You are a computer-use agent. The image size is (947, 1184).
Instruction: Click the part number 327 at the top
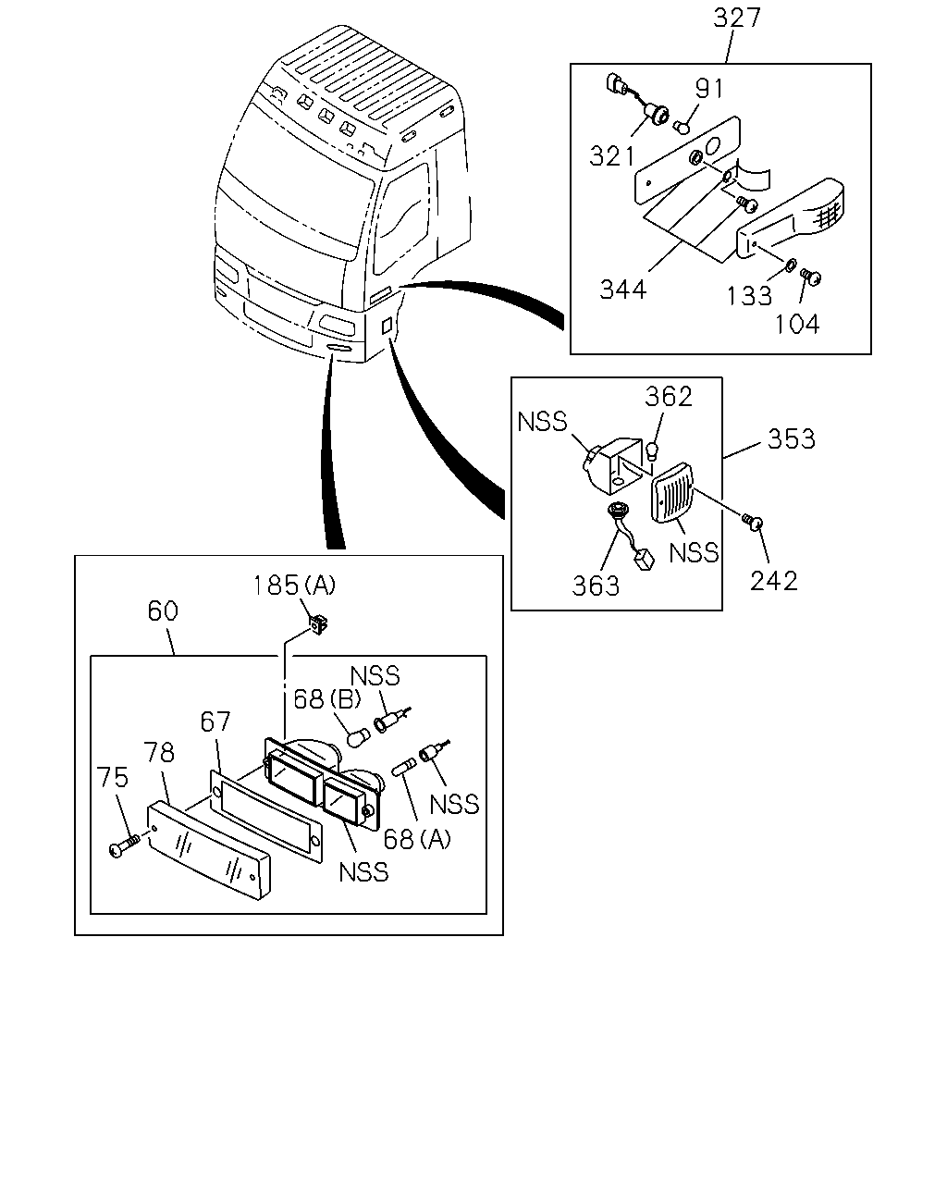(737, 18)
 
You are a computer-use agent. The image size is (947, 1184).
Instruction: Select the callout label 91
(709, 88)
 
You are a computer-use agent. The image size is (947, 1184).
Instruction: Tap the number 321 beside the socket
(612, 156)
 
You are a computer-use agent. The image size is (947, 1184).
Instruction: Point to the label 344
(622, 290)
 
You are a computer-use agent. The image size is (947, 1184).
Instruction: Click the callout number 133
(749, 296)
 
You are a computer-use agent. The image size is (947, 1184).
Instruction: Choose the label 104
(797, 324)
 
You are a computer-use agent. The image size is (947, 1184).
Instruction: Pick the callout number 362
(668, 396)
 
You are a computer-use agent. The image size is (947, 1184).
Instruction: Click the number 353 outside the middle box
(791, 439)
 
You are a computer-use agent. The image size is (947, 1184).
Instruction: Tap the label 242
(774, 581)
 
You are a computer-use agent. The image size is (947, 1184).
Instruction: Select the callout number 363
(596, 586)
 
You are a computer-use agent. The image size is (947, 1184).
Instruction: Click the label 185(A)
(294, 586)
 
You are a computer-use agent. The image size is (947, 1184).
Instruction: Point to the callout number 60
(163, 610)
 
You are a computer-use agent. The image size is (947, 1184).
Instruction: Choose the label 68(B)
(327, 699)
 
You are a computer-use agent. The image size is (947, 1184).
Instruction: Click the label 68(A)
(417, 839)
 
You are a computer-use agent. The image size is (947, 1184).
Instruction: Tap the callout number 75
(112, 777)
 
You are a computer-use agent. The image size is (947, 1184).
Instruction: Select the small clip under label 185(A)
(319, 625)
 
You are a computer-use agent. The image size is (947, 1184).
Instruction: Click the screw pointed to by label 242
(752, 521)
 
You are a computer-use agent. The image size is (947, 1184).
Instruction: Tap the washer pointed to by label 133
(789, 265)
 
